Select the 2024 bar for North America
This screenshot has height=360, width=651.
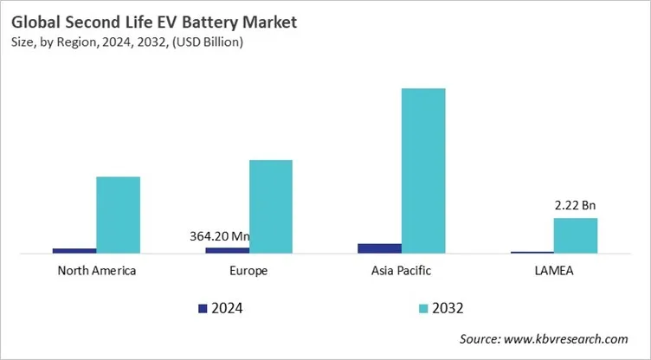(x=74, y=250)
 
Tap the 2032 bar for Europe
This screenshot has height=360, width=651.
(x=270, y=207)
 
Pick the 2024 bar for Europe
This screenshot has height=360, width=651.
(x=227, y=249)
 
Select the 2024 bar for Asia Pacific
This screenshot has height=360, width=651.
(x=379, y=248)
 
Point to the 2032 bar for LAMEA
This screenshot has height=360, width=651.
(x=576, y=235)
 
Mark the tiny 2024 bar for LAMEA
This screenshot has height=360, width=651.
(x=532, y=252)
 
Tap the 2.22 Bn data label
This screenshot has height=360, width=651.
(x=576, y=206)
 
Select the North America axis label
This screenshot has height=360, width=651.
(x=96, y=271)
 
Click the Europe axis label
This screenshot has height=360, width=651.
(x=248, y=271)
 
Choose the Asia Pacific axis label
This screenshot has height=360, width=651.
(x=401, y=271)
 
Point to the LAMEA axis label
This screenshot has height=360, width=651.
(x=554, y=271)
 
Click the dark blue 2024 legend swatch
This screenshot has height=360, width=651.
(x=203, y=308)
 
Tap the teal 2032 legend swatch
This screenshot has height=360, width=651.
(x=423, y=308)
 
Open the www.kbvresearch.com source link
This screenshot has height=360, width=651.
(x=571, y=339)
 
